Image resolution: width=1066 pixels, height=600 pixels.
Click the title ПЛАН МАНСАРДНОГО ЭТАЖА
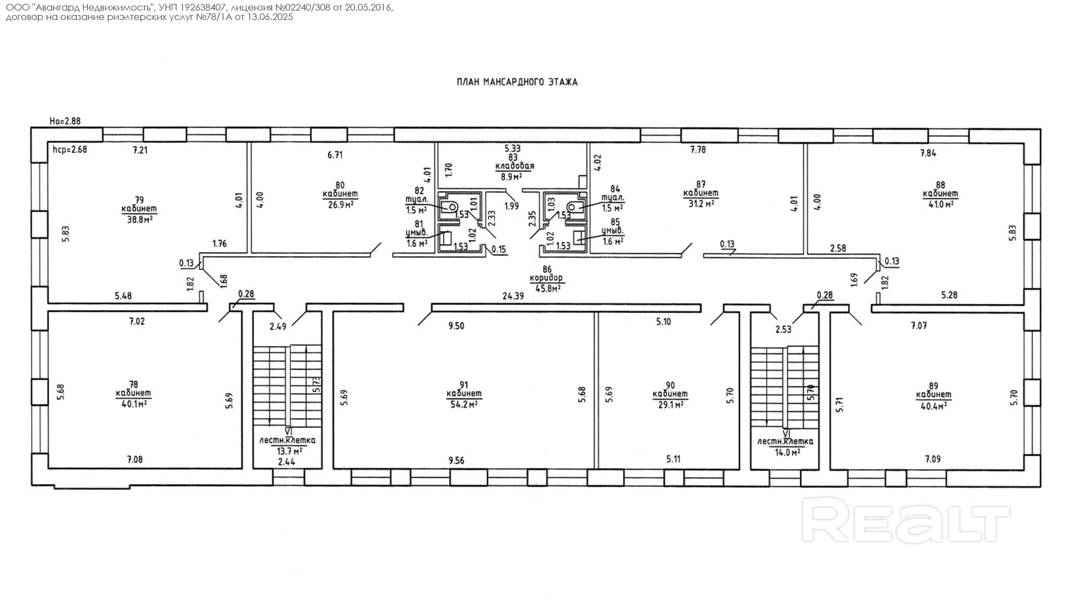coord(517,82)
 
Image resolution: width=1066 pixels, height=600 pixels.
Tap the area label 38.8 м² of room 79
coord(140,219)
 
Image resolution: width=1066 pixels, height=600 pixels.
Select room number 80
coord(340,185)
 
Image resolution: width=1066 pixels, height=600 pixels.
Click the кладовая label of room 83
coord(515,166)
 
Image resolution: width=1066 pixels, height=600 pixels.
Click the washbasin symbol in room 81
coord(445,239)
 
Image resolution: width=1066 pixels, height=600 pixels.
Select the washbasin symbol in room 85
coord(579,238)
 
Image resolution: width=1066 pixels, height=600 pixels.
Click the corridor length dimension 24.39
coord(513,296)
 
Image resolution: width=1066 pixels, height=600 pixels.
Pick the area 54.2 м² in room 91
coord(464,404)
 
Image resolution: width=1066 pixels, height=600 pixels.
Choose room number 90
coord(670,385)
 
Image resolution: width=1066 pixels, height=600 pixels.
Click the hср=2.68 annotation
coord(69,149)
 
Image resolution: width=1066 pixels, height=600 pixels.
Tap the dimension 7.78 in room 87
coord(698,149)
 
